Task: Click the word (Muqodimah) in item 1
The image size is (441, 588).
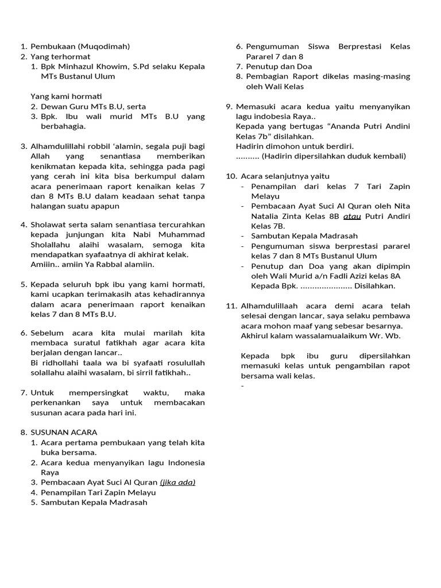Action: click(x=104, y=47)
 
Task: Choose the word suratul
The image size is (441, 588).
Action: click(x=94, y=343)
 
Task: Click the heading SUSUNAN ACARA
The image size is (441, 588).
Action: click(x=64, y=432)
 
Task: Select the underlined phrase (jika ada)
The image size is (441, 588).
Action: click(x=177, y=482)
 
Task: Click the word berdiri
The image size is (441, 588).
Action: click(x=339, y=146)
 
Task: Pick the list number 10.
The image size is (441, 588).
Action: click(x=231, y=176)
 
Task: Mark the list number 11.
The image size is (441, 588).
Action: click(x=231, y=306)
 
